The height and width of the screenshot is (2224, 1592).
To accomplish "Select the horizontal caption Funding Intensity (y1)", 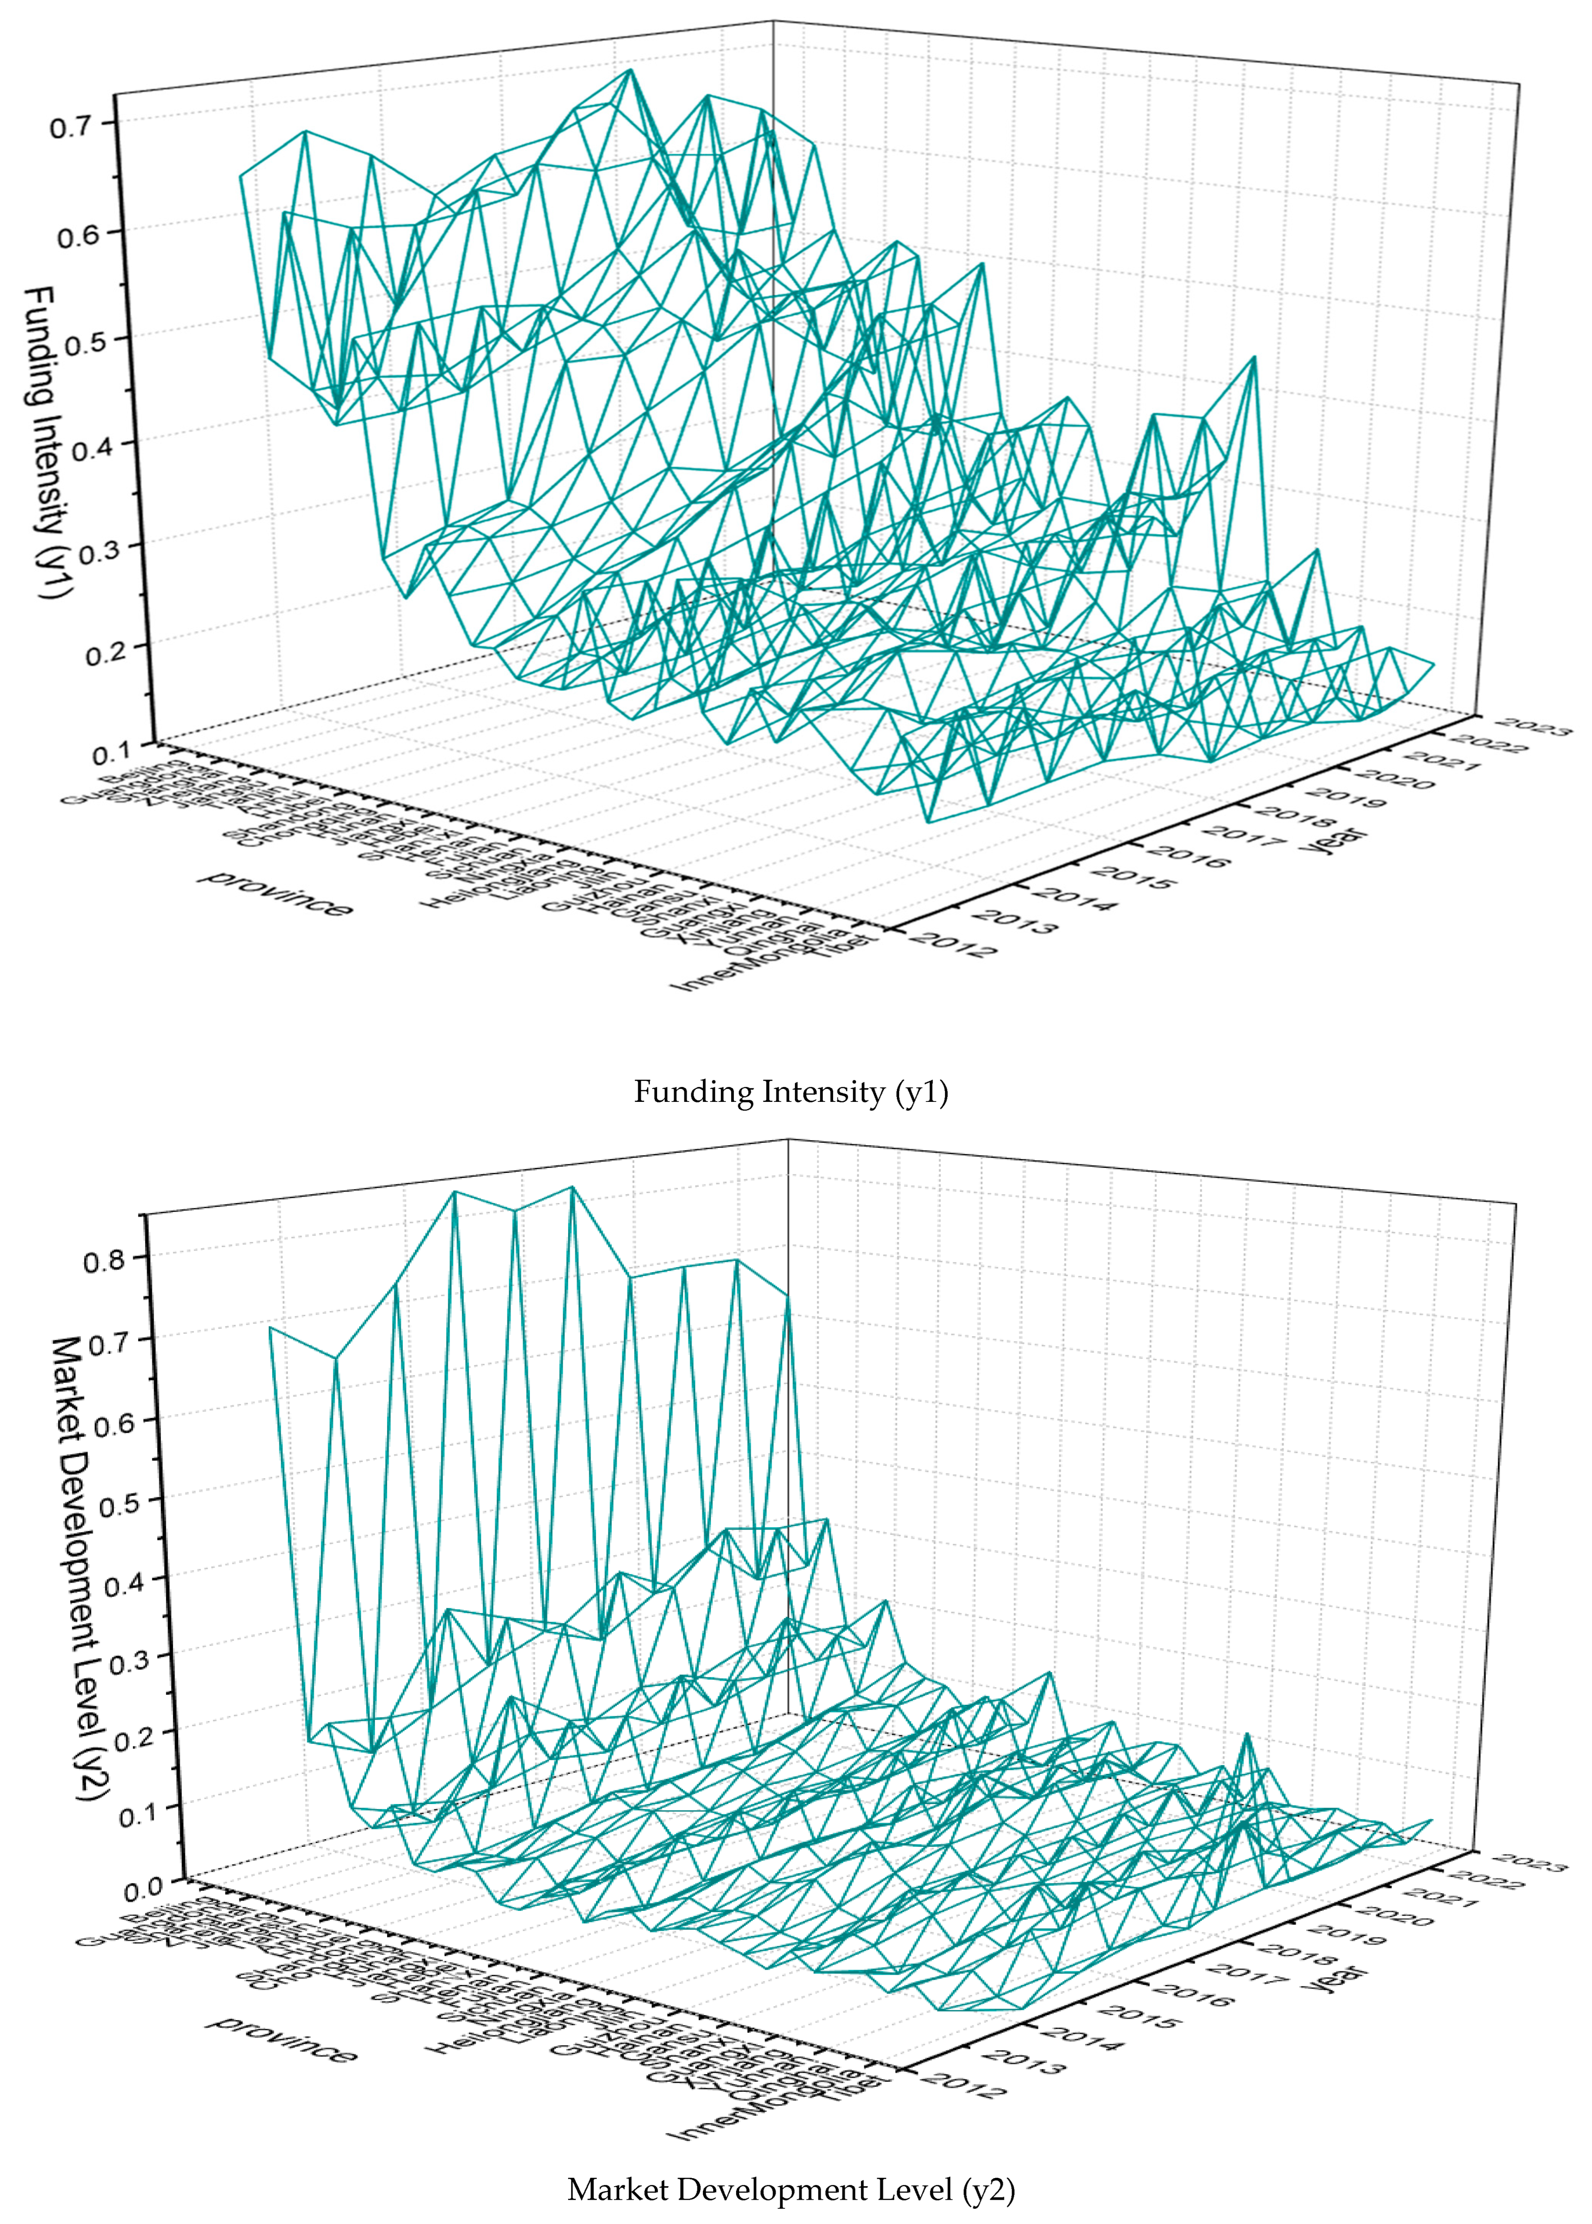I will pos(790,1092).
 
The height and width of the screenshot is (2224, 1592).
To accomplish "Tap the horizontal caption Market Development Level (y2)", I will pos(790,2189).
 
